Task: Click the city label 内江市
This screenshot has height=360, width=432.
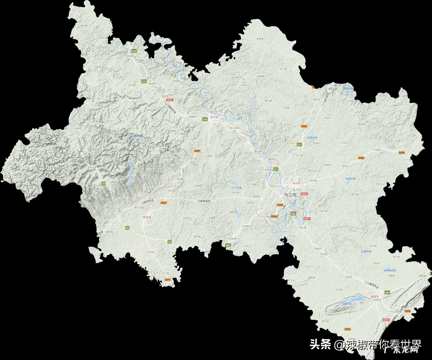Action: (290, 195)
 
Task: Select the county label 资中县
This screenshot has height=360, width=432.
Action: (215, 122)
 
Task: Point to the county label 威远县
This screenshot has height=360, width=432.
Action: (147, 217)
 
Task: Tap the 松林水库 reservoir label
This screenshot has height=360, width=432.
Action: (312, 138)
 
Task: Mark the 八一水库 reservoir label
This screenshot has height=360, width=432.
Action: (236, 188)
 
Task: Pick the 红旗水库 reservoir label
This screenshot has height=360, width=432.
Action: (366, 251)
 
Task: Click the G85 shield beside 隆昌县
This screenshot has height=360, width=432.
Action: (387, 292)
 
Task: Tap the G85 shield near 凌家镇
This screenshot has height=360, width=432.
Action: (228, 245)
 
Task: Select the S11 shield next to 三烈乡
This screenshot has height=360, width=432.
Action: (299, 144)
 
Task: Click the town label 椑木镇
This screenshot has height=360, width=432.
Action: (303, 228)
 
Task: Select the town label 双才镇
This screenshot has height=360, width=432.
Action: (299, 156)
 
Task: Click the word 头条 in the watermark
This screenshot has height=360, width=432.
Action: (320, 345)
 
